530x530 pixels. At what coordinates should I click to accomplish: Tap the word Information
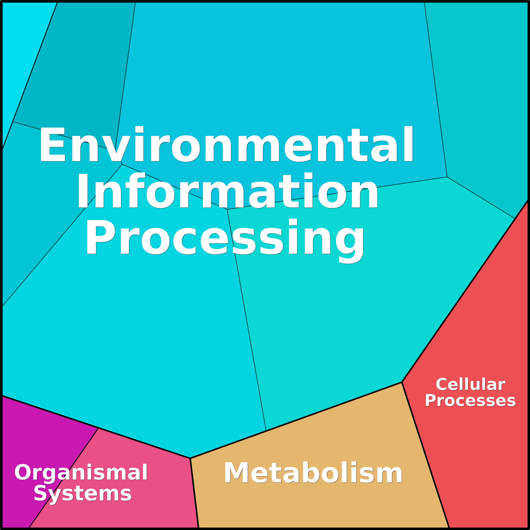[227, 190]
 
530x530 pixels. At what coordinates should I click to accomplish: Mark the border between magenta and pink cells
[64, 478]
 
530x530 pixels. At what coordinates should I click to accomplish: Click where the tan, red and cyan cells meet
[402, 382]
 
